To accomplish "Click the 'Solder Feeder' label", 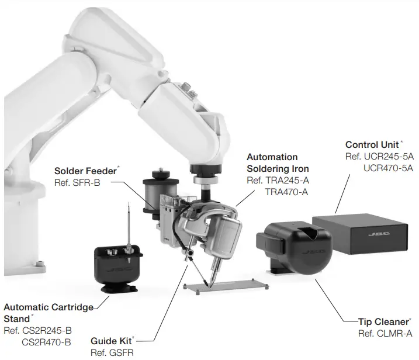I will click(x=85, y=171).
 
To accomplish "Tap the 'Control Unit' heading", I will click(x=372, y=144).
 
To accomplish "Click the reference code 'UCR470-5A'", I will click(x=388, y=167).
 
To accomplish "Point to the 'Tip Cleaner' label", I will click(x=385, y=322).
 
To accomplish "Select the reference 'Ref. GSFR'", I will click(x=110, y=352).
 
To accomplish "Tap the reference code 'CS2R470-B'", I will click(x=47, y=341).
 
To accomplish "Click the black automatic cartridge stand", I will click(x=117, y=266).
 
